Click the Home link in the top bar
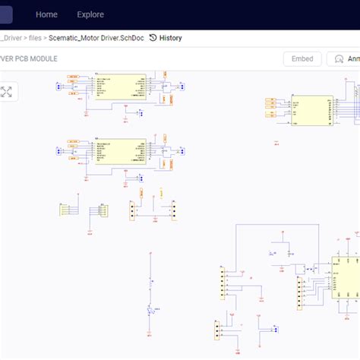tap(46, 14)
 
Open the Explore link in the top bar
tap(90, 14)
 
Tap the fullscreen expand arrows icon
tap(7, 92)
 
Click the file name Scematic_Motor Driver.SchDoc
tap(96, 37)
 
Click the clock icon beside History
tap(153, 37)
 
